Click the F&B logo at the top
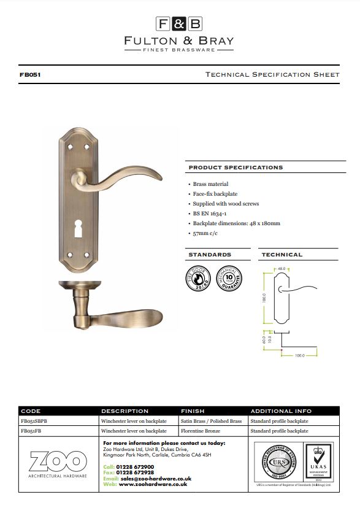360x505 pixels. (179, 25)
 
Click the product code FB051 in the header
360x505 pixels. (30, 75)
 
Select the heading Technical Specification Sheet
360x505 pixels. (272, 75)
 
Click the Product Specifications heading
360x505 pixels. (236, 168)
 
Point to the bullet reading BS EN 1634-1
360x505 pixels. (213, 214)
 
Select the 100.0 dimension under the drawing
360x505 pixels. (300, 356)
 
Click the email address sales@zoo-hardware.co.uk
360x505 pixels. (156, 478)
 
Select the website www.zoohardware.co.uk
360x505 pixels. (153, 484)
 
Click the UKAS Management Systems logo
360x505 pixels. (318, 461)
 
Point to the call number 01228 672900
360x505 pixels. (135, 467)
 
